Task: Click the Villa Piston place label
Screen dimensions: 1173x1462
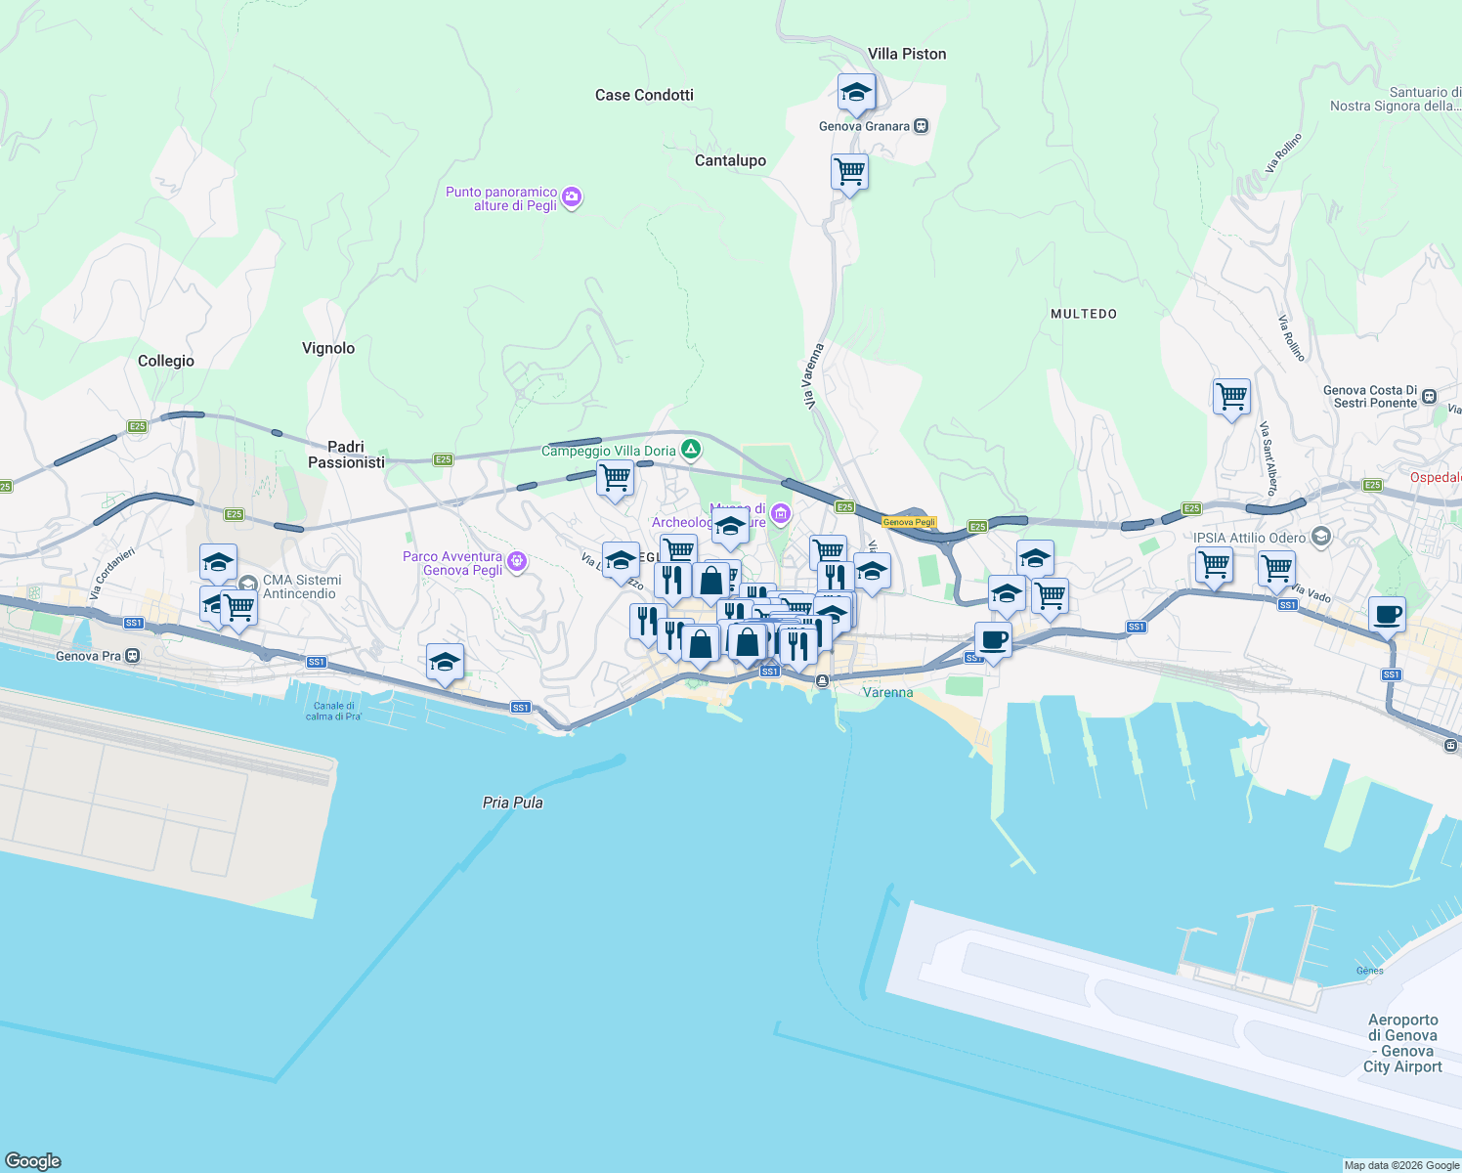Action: pyautogui.click(x=907, y=54)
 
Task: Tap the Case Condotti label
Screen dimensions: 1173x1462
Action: pyautogui.click(x=644, y=95)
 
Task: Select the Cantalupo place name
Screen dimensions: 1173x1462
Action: pyautogui.click(x=730, y=160)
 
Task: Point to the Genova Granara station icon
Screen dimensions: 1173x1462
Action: pyautogui.click(x=921, y=126)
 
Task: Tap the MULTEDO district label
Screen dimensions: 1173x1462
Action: pyautogui.click(x=1083, y=314)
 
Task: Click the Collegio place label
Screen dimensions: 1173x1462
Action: pyautogui.click(x=166, y=361)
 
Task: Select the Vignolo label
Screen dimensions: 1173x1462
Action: pyautogui.click(x=328, y=348)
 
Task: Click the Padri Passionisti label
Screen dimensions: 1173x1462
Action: pyautogui.click(x=346, y=455)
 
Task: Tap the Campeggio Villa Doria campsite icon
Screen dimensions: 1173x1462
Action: pyautogui.click(x=691, y=450)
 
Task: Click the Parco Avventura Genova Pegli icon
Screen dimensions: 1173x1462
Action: pyautogui.click(x=518, y=562)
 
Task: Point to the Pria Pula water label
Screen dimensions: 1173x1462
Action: pyautogui.click(x=512, y=803)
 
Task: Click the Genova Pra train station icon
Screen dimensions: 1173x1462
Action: pyautogui.click(x=133, y=656)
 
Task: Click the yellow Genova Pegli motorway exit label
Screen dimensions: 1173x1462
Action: pyautogui.click(x=909, y=522)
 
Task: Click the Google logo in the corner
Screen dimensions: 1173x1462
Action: pyautogui.click(x=33, y=1161)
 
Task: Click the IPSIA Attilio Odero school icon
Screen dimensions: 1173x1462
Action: pyautogui.click(x=1321, y=537)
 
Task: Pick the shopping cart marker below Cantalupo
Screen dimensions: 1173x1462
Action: pyautogui.click(x=849, y=173)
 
